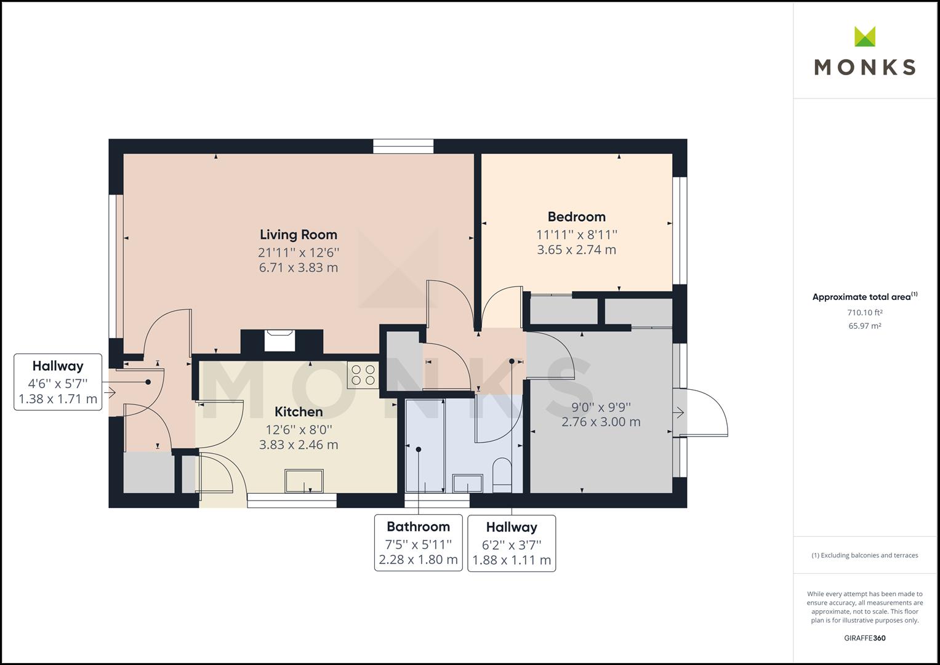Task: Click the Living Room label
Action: pyautogui.click(x=298, y=235)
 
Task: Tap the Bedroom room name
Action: pyautogui.click(x=576, y=217)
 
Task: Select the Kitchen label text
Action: pyautogui.click(x=298, y=412)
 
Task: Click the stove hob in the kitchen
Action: pyautogui.click(x=363, y=375)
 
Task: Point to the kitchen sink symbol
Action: pyautogui.click(x=304, y=481)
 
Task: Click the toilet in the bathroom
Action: pyautogui.click(x=502, y=475)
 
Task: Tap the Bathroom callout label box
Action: pyautogui.click(x=418, y=542)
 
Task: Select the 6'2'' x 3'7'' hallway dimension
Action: pyautogui.click(x=512, y=545)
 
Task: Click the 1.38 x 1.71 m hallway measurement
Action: pyautogui.click(x=58, y=399)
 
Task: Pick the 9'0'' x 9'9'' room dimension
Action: pyautogui.click(x=601, y=407)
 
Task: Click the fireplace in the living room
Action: pyautogui.click(x=280, y=341)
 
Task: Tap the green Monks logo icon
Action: pyautogui.click(x=865, y=36)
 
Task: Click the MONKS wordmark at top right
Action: pyautogui.click(x=865, y=67)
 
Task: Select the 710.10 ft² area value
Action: pyautogui.click(x=864, y=312)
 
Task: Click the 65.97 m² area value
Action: pyautogui.click(x=864, y=326)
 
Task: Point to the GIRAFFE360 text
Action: pyautogui.click(x=864, y=638)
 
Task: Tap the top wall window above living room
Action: pyautogui.click(x=403, y=146)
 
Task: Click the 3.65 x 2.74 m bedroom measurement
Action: pyautogui.click(x=576, y=250)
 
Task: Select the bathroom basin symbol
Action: pyautogui.click(x=468, y=483)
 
